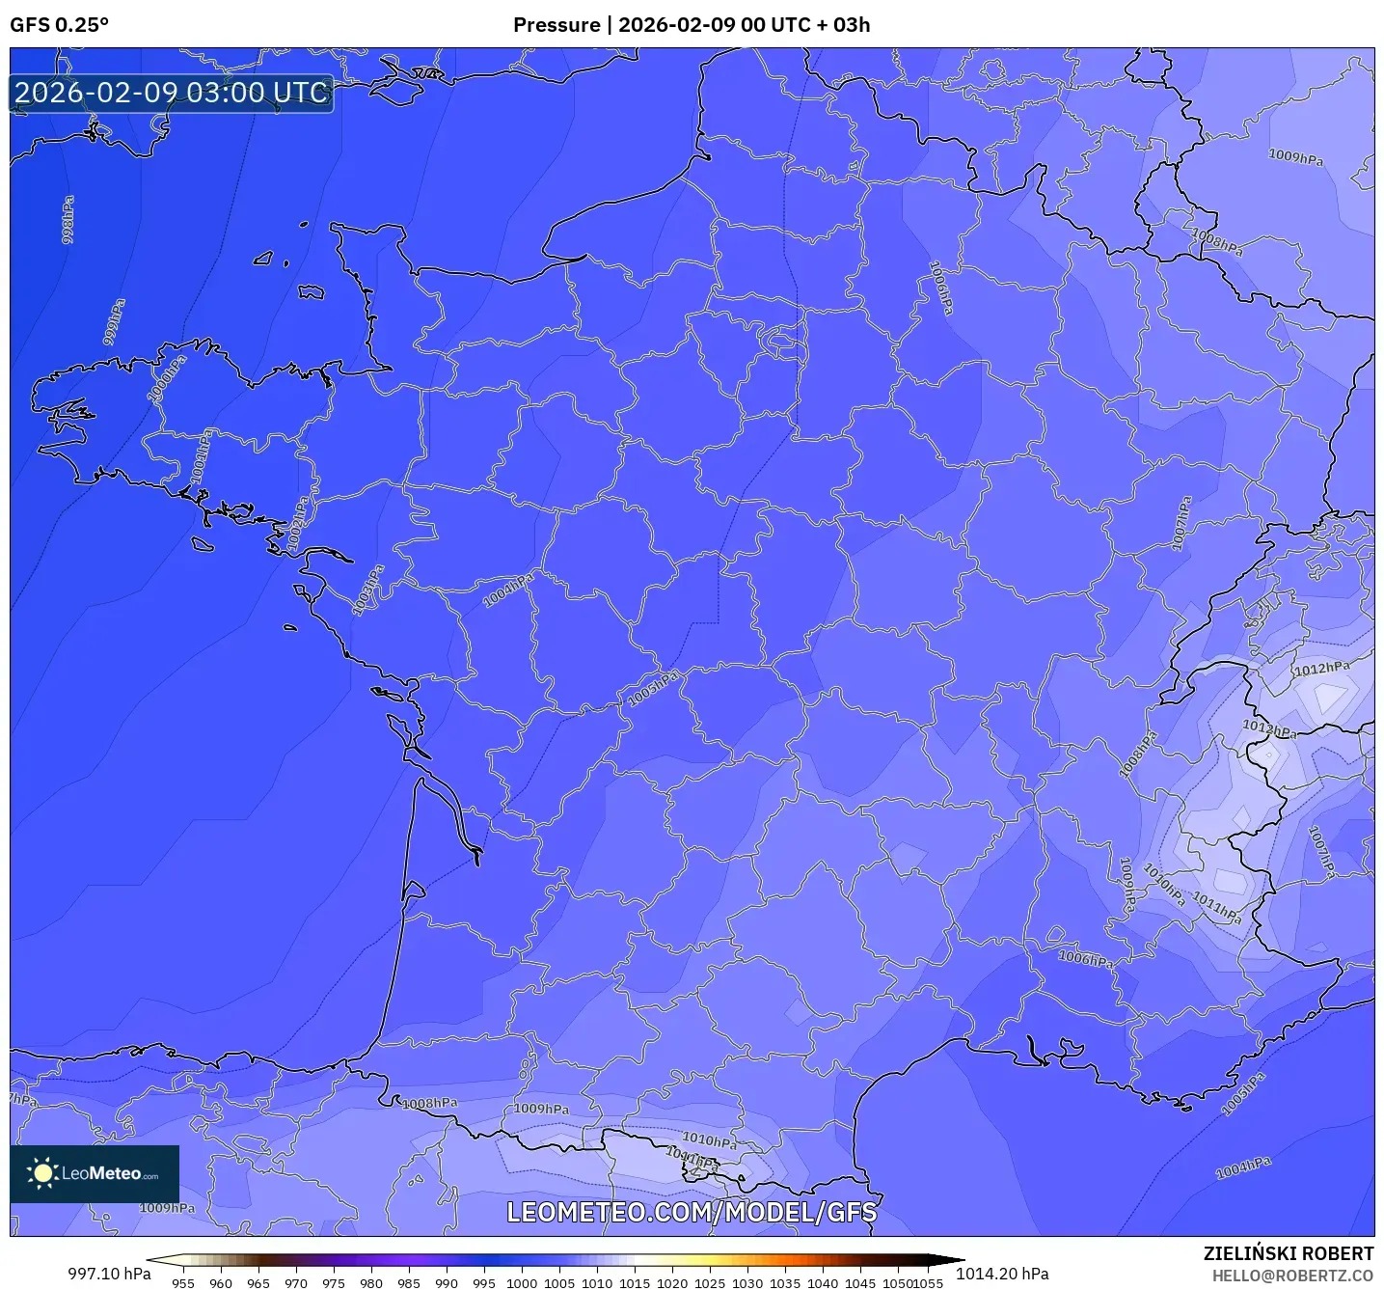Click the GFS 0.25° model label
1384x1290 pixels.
point(59,25)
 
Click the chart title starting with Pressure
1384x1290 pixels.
point(691,25)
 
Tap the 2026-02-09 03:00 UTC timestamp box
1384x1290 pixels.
point(172,94)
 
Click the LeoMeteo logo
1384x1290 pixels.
point(95,1173)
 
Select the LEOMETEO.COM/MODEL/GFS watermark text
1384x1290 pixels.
point(692,1212)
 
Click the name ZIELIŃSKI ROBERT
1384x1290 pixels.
point(1288,1253)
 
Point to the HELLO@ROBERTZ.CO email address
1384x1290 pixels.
point(1291,1276)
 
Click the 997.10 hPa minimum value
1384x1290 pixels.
point(109,1274)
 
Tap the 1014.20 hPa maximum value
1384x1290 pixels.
point(1002,1274)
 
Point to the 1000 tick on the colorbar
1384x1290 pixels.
point(522,1282)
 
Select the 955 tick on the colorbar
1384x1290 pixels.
point(183,1282)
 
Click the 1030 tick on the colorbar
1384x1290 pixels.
point(747,1282)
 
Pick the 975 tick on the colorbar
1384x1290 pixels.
point(334,1282)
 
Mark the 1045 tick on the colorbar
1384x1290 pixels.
point(860,1282)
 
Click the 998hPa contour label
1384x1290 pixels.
point(68,220)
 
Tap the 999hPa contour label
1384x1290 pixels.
point(114,322)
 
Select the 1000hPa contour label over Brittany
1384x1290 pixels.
point(166,379)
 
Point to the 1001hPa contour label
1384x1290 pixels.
point(201,455)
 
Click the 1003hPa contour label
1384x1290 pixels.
point(367,590)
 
